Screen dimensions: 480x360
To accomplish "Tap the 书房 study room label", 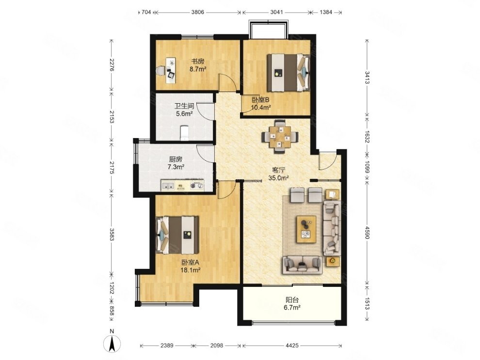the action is click(x=197, y=62).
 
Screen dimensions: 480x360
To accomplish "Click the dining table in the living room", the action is click(x=280, y=136).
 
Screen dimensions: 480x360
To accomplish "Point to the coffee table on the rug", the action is click(x=306, y=229).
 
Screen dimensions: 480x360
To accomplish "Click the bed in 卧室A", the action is click(x=177, y=235).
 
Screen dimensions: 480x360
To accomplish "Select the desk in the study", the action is click(x=171, y=70).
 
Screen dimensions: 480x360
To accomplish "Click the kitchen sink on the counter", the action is click(x=168, y=186).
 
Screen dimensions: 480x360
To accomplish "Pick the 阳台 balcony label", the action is click(x=292, y=300).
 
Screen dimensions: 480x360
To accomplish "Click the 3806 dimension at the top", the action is click(x=198, y=12).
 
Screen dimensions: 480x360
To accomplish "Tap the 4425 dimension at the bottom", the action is click(x=292, y=345).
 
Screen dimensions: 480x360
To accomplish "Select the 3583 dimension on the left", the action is click(x=112, y=235).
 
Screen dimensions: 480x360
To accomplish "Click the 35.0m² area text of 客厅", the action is click(x=279, y=178).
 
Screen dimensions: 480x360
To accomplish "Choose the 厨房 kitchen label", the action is click(x=176, y=159).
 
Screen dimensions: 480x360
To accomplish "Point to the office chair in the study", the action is click(x=160, y=71).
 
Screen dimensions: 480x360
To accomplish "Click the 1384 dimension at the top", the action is click(x=326, y=12).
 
